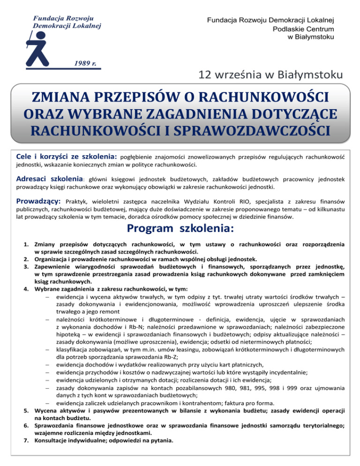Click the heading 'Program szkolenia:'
click(180, 230)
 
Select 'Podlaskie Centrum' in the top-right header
click(303, 29)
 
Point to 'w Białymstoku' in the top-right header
click(310, 37)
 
